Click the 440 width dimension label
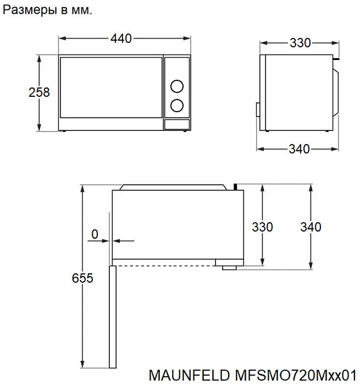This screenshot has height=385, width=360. (121, 38)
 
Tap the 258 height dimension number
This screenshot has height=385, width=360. (39, 92)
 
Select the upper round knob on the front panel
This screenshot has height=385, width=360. (176, 86)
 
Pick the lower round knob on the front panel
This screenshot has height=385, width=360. (176, 106)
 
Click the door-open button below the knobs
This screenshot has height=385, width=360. (176, 124)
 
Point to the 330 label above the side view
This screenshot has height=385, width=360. (301, 43)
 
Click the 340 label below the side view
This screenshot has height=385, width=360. (299, 149)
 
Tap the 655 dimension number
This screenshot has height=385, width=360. (82, 278)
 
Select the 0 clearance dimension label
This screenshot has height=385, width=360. (95, 234)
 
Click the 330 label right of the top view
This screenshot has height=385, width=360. (262, 227)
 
